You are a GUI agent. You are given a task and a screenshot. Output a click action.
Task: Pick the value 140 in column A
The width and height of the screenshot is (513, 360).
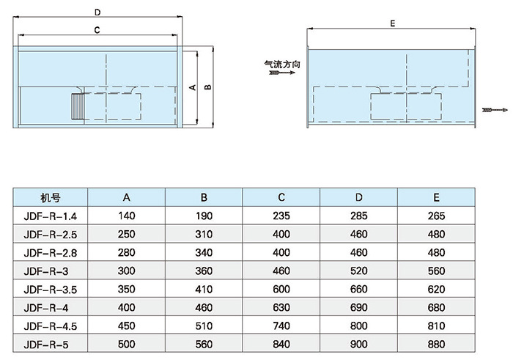click(x=126, y=216)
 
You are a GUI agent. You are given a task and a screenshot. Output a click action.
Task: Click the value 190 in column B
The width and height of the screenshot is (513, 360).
click(x=204, y=216)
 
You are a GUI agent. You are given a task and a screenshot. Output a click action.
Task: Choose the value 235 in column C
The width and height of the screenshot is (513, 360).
click(x=281, y=216)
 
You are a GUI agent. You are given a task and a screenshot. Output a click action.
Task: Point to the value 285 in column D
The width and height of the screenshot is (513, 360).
click(x=359, y=216)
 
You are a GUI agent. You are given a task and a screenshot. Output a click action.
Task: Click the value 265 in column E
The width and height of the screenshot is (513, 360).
click(x=437, y=216)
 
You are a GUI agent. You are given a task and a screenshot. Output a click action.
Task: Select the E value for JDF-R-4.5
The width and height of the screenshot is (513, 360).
click(x=437, y=325)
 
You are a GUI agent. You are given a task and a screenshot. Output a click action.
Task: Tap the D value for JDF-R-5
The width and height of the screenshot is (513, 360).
click(x=359, y=343)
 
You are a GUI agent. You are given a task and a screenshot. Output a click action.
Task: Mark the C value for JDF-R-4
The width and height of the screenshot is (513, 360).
click(x=281, y=306)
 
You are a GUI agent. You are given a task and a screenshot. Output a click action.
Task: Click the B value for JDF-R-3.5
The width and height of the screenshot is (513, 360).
click(x=204, y=289)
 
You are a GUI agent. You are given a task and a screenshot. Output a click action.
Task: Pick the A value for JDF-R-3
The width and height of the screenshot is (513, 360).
click(x=126, y=271)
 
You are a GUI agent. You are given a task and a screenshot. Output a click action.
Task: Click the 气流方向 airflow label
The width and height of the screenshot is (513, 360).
click(x=281, y=64)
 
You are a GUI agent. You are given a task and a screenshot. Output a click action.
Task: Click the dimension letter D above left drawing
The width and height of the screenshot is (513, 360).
click(x=97, y=12)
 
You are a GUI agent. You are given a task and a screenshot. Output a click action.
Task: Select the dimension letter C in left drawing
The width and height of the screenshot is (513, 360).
click(x=97, y=30)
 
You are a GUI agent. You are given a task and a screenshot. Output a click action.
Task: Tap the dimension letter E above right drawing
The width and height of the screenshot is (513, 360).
click(x=393, y=24)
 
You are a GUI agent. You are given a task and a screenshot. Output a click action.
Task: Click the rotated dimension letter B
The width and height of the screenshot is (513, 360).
click(x=207, y=87)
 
